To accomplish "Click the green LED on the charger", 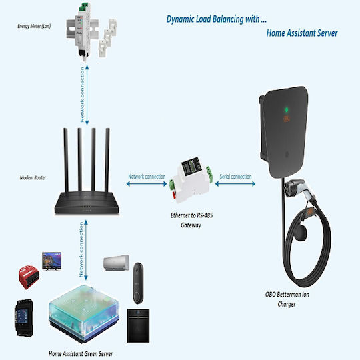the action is coord(286,110).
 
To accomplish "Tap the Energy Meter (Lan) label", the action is coord(34,26).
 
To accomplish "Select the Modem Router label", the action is coord(33,178).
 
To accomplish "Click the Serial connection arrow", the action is coord(235,184).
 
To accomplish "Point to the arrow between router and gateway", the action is coord(147,184).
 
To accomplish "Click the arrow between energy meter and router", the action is coord(87,95).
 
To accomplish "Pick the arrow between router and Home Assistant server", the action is coord(86,250).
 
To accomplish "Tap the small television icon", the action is coord(51,261).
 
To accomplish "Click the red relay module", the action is coord(29,277).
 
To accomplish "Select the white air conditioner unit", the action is coord(116,263).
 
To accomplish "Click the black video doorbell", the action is coord(139,283).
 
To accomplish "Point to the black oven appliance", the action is coord(138,325).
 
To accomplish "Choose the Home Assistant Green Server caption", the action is coord(81,354).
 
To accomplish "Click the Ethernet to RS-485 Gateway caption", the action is coord(191,220).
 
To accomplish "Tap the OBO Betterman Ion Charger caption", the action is coord(287,299).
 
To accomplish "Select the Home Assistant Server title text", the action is coord(302,33).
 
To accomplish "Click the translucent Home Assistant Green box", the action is coord(84,313).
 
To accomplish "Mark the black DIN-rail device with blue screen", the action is coord(23,318).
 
